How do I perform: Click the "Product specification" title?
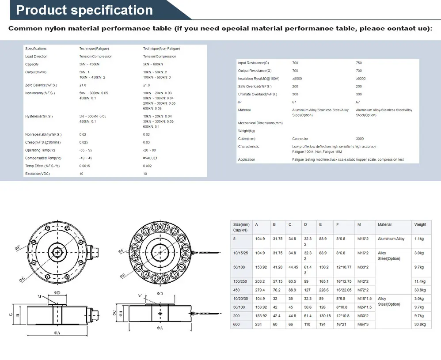[x=84, y=10]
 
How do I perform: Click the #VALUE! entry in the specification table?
[x=150, y=158]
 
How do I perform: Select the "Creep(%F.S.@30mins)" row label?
[x=43, y=142]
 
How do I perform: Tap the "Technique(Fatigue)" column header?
[x=94, y=49]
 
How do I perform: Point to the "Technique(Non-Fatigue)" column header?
[x=161, y=49]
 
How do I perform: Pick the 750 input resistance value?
[x=359, y=63]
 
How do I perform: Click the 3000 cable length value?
[x=360, y=139]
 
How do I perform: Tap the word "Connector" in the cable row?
[x=300, y=139]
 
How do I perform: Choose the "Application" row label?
[x=247, y=159]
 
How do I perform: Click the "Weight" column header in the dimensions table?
[x=420, y=224]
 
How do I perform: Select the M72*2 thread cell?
[x=362, y=290]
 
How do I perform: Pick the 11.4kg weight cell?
[x=420, y=281]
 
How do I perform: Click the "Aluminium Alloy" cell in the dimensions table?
[x=391, y=239]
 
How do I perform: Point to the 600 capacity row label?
[x=236, y=324]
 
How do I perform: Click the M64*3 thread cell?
[x=362, y=324]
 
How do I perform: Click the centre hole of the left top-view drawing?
[x=58, y=251]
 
